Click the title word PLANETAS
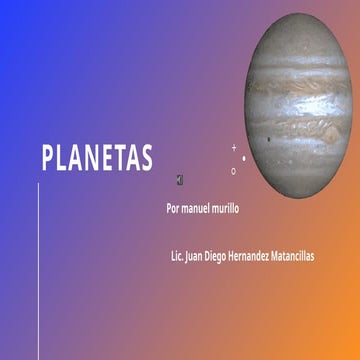tap(97, 158)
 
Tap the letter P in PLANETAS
tap(47, 158)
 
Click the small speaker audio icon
tap(178, 180)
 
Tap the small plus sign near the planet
tap(235, 147)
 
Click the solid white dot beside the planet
tap(244, 157)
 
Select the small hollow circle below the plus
tap(234, 171)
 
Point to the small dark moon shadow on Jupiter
tap(269, 139)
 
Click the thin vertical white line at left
tap(38, 270)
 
